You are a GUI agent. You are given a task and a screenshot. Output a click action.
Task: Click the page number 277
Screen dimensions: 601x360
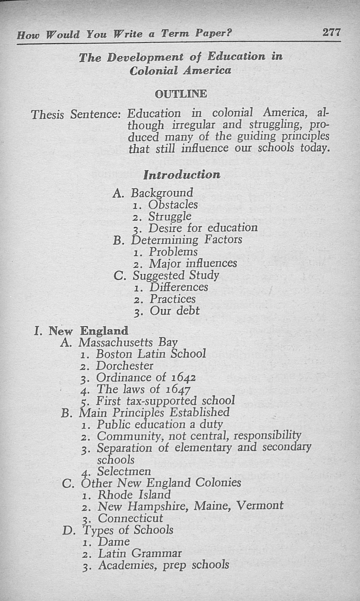(x=331, y=32)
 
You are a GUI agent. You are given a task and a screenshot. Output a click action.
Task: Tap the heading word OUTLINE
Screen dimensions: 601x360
(x=181, y=94)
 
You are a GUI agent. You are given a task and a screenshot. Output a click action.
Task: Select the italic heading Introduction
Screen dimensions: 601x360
(x=182, y=175)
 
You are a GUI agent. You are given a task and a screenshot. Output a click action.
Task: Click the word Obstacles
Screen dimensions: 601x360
(x=173, y=205)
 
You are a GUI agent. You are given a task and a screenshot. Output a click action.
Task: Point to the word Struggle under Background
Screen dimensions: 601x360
(x=170, y=216)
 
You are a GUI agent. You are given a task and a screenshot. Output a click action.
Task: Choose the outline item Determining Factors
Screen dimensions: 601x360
(x=187, y=240)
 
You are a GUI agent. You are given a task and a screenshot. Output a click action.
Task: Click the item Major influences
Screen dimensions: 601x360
(x=193, y=263)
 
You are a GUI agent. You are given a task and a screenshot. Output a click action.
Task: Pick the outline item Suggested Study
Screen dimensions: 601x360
(x=176, y=275)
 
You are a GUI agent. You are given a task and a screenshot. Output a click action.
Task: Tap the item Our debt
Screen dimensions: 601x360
(x=174, y=310)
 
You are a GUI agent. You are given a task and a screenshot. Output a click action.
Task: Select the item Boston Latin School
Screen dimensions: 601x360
(x=151, y=354)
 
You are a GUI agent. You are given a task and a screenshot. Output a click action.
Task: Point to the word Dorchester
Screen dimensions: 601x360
(x=124, y=366)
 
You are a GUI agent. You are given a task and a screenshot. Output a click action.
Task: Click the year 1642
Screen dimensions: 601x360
(x=184, y=377)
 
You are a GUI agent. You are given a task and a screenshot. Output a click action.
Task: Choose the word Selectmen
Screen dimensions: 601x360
(x=124, y=471)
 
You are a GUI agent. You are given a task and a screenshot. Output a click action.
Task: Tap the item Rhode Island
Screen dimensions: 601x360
(x=134, y=495)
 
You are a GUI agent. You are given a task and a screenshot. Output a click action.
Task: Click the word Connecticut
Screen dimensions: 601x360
(x=130, y=518)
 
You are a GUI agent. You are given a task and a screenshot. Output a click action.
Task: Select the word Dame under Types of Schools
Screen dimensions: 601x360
(x=114, y=542)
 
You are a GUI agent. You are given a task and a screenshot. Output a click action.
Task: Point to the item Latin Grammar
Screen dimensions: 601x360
(x=140, y=553)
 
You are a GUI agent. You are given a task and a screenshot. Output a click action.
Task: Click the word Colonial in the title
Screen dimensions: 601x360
(x=154, y=70)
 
